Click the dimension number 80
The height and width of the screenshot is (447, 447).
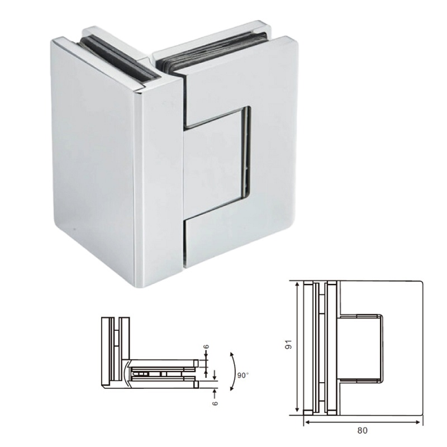coord(362,431)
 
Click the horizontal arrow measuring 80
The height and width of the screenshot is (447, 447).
coord(363,422)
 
